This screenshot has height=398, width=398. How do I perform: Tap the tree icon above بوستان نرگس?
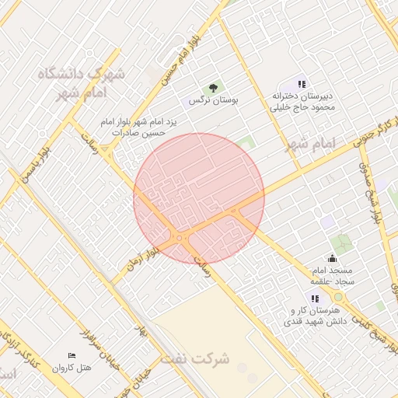[x=213, y=87]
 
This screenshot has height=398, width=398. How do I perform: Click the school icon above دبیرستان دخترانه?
[x=302, y=84]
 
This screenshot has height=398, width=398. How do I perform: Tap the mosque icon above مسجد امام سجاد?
[x=333, y=258]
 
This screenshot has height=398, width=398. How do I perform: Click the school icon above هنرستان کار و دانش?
[x=314, y=298]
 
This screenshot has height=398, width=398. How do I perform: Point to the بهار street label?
[x=141, y=331]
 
